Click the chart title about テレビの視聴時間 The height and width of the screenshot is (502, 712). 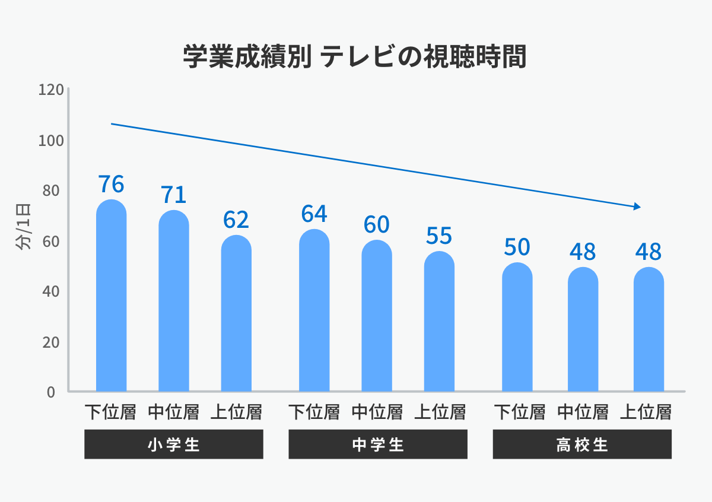coord(355,58)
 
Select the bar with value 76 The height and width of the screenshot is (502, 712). coord(111,297)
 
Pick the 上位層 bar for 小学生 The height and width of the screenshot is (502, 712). coord(236,314)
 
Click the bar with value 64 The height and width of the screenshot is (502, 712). coord(314,312)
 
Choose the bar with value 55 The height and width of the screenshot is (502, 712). coord(439,322)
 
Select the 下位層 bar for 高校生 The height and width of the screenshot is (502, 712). coord(517,328)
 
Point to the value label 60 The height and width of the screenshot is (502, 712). coord(376,224)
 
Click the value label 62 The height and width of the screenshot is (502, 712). coord(236,220)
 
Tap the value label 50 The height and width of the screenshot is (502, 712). coord(517,247)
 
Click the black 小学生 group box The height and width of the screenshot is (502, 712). coord(173,444)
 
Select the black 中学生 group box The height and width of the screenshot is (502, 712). coord(377,444)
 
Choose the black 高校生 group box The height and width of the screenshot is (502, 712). coord(582,444)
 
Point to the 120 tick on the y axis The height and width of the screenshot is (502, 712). coord(50,90)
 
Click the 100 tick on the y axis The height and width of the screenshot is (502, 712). coord(50,141)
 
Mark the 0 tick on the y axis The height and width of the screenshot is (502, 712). coord(50,392)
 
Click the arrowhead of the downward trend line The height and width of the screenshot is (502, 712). coord(637,206)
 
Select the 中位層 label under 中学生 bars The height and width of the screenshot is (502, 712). coord(377,412)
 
